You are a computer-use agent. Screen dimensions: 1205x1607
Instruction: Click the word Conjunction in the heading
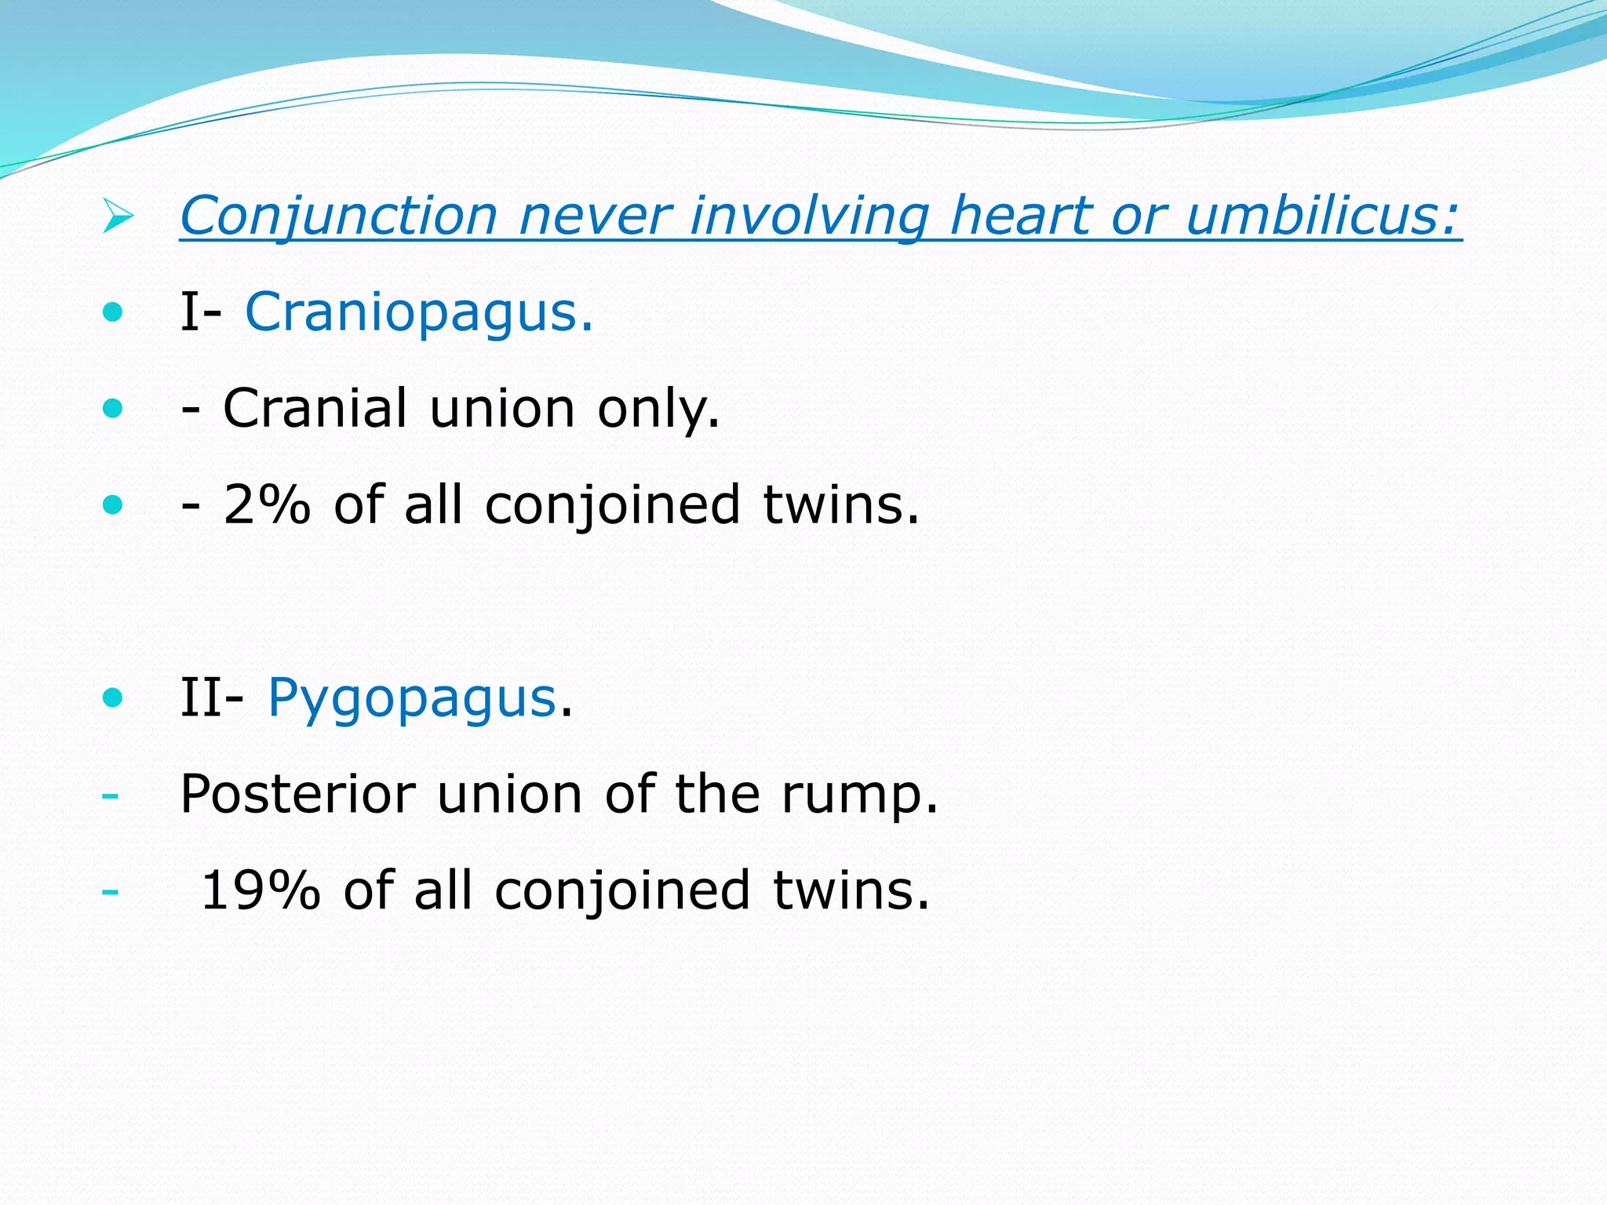[339, 216]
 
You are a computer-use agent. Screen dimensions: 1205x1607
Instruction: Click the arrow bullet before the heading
[118, 217]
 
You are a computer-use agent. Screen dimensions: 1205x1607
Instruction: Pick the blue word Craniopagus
[419, 313]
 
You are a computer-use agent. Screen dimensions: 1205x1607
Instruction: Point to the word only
[658, 409]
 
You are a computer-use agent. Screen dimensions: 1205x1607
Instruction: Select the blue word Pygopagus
[412, 699]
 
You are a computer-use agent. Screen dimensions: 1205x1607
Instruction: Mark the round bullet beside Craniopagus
[113, 313]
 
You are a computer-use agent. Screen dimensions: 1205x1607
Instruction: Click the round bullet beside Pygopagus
[113, 697]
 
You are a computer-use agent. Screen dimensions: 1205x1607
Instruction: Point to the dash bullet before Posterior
[110, 795]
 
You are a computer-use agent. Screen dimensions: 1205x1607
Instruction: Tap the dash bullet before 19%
[110, 892]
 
